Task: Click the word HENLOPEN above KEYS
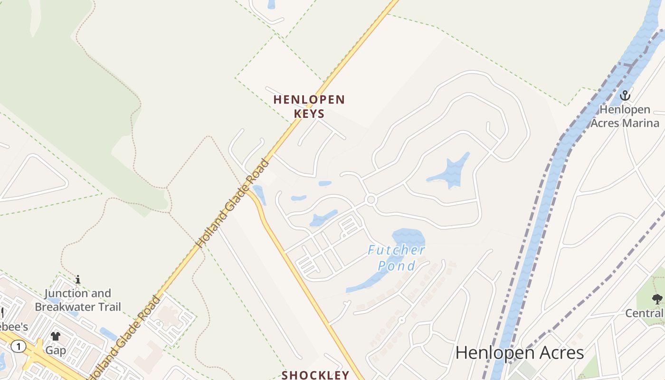(309, 100)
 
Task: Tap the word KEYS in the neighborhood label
(309, 114)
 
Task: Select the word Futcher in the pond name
(396, 250)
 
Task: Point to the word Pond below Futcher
(396, 266)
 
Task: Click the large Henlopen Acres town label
(519, 353)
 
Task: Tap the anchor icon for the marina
(625, 95)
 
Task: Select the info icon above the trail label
(78, 279)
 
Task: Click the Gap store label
(56, 351)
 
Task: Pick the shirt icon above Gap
(56, 336)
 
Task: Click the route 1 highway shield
(19, 346)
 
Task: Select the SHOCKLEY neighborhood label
(316, 375)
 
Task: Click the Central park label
(645, 313)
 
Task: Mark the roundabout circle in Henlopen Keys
(371, 199)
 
